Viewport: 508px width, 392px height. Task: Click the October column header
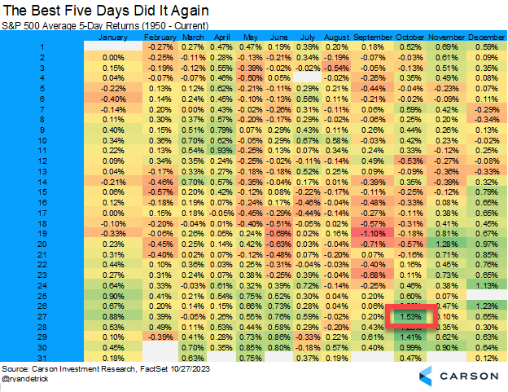pyautogui.click(x=412, y=37)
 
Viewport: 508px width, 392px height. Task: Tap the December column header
pyautogui.click(x=488, y=37)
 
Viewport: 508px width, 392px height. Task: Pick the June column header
pyautogui.click(x=278, y=37)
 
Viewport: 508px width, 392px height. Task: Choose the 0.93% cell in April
pyautogui.click(x=219, y=151)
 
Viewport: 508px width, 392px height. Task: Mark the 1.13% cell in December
pyautogui.click(x=487, y=284)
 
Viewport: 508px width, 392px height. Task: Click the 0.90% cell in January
pyautogui.click(x=113, y=295)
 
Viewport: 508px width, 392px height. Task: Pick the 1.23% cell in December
pyautogui.click(x=487, y=305)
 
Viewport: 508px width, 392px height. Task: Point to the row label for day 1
pyautogui.click(x=42, y=47)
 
